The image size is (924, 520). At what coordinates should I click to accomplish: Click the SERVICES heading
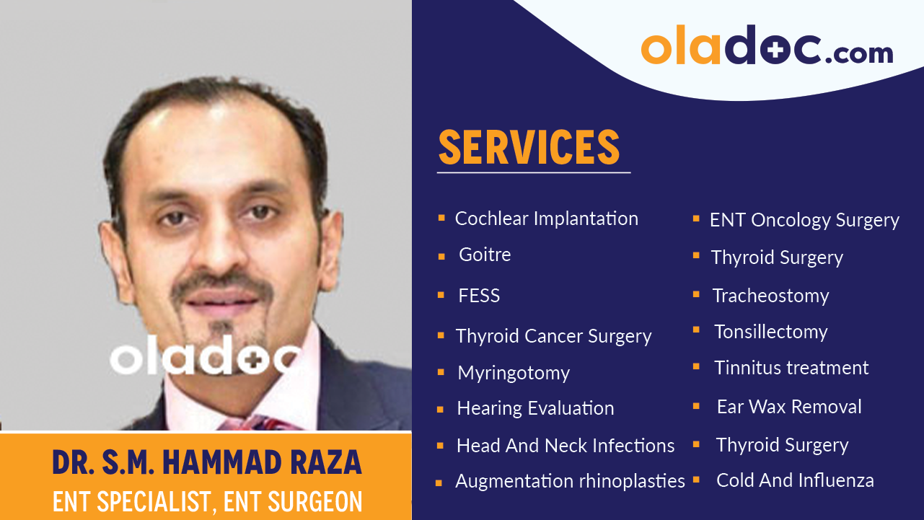(x=529, y=147)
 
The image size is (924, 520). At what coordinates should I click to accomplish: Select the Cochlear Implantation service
(x=546, y=219)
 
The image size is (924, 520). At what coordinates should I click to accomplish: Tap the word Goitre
(x=485, y=255)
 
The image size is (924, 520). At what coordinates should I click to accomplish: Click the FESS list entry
(x=479, y=296)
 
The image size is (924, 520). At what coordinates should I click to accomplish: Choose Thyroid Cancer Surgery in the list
(x=553, y=336)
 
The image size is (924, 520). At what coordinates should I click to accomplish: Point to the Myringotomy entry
(x=514, y=373)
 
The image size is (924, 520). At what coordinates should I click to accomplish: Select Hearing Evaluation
(x=535, y=408)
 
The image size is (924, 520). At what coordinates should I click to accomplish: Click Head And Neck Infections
(x=566, y=446)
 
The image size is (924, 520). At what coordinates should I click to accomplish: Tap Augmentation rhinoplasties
(x=570, y=481)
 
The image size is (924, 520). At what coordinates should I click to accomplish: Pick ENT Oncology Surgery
(x=804, y=220)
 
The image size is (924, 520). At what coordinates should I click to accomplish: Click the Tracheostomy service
(x=770, y=296)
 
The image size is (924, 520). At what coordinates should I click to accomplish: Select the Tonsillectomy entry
(x=770, y=332)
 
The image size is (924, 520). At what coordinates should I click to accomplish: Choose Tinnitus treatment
(x=791, y=368)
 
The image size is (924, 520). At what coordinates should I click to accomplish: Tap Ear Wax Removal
(x=789, y=407)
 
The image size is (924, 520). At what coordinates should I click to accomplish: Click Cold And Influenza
(x=795, y=480)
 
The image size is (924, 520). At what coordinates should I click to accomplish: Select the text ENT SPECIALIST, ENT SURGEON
(x=206, y=501)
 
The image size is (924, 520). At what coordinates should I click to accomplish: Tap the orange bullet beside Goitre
(x=441, y=256)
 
